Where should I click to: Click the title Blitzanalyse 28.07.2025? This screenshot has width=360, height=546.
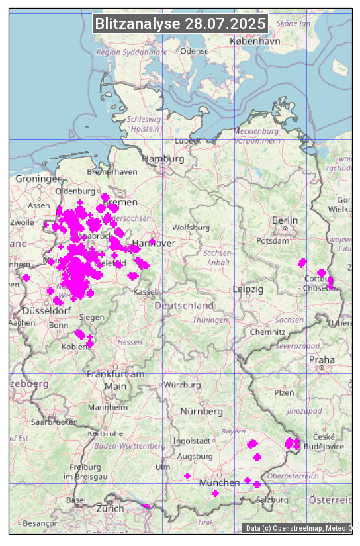pos(180,24)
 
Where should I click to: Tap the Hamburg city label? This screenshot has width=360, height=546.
pos(163,159)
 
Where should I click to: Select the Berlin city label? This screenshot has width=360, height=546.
pos(285,220)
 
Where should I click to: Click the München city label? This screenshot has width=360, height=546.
pos(219,483)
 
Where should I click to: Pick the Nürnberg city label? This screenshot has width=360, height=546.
pos(202,412)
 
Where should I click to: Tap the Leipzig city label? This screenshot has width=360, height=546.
pos(248,289)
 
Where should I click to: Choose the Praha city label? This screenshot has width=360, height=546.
pos(322,360)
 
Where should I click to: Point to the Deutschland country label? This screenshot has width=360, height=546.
pos(184,306)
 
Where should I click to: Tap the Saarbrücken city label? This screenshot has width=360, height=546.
pos(54,422)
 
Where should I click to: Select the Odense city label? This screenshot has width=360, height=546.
pos(194,51)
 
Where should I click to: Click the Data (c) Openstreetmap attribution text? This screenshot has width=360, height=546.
pos(298,528)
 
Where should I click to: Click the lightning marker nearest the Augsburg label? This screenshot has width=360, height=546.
pos(187,476)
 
